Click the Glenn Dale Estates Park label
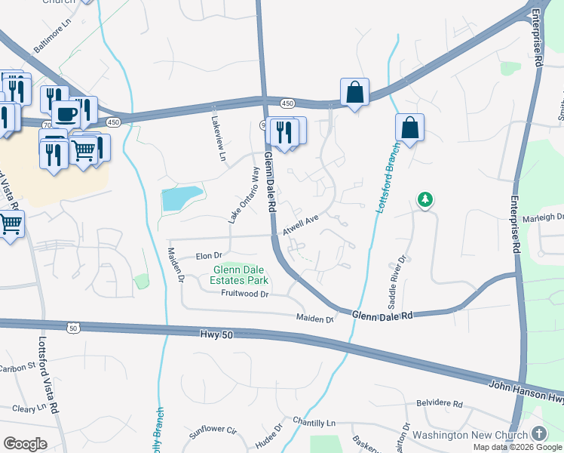[x=241, y=275]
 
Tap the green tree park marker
[x=426, y=199]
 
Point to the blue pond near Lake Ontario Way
[x=182, y=199]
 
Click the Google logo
[x=25, y=444]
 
